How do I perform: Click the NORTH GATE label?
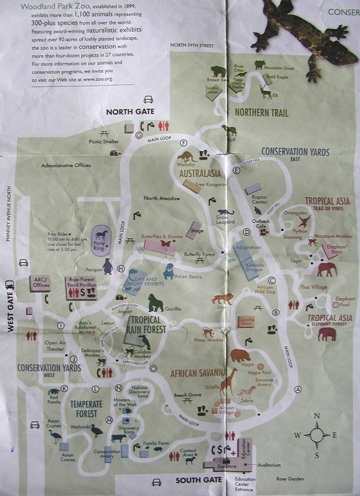point(130,112)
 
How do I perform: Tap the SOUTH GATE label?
point(198,480)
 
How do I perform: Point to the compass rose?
point(317,435)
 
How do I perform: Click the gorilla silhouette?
point(156,303)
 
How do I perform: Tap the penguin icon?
point(108,265)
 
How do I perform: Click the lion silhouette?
point(222,299)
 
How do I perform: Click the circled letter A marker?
point(298,389)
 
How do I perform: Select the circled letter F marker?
point(183,142)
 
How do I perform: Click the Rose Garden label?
point(290,479)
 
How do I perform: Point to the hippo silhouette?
point(240,356)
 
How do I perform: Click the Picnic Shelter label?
point(104,142)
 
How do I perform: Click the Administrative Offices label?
point(66,166)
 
